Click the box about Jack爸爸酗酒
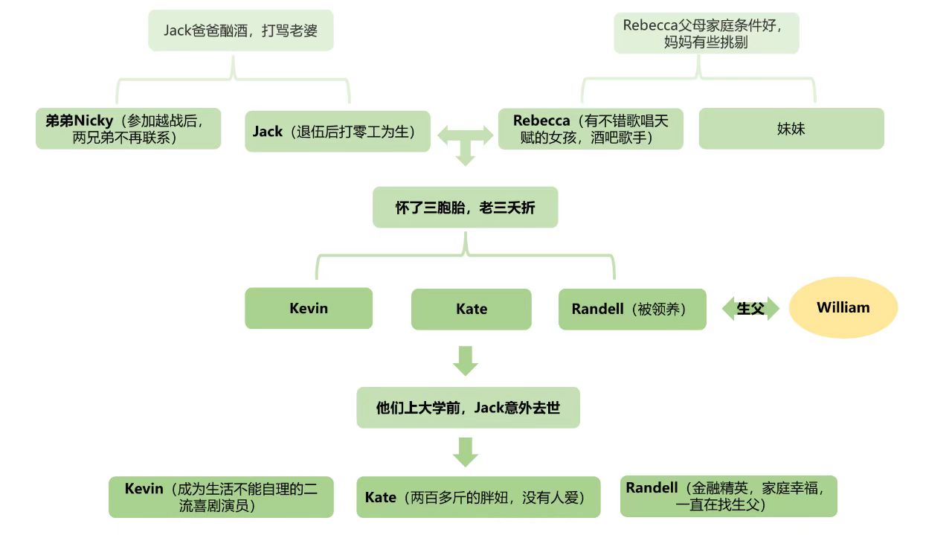tap(241, 31)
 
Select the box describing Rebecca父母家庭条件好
tap(706, 33)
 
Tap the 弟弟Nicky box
tap(129, 129)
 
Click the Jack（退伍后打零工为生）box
tap(338, 132)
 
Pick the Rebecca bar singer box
tap(591, 129)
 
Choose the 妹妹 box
tap(791, 129)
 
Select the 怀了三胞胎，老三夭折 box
tap(465, 208)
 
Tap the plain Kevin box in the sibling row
tap(309, 308)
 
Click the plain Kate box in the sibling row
tap(472, 309)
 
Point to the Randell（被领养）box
tap(632, 309)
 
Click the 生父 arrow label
tap(750, 308)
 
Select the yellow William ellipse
tap(843, 307)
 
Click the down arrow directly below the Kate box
tap(466, 360)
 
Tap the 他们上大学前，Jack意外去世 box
tap(468, 408)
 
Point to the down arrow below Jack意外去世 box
tap(466, 452)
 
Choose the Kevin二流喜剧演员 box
tap(221, 497)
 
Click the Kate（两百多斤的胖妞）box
tap(478, 497)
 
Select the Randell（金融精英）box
tap(728, 496)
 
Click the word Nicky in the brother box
tap(94, 121)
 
